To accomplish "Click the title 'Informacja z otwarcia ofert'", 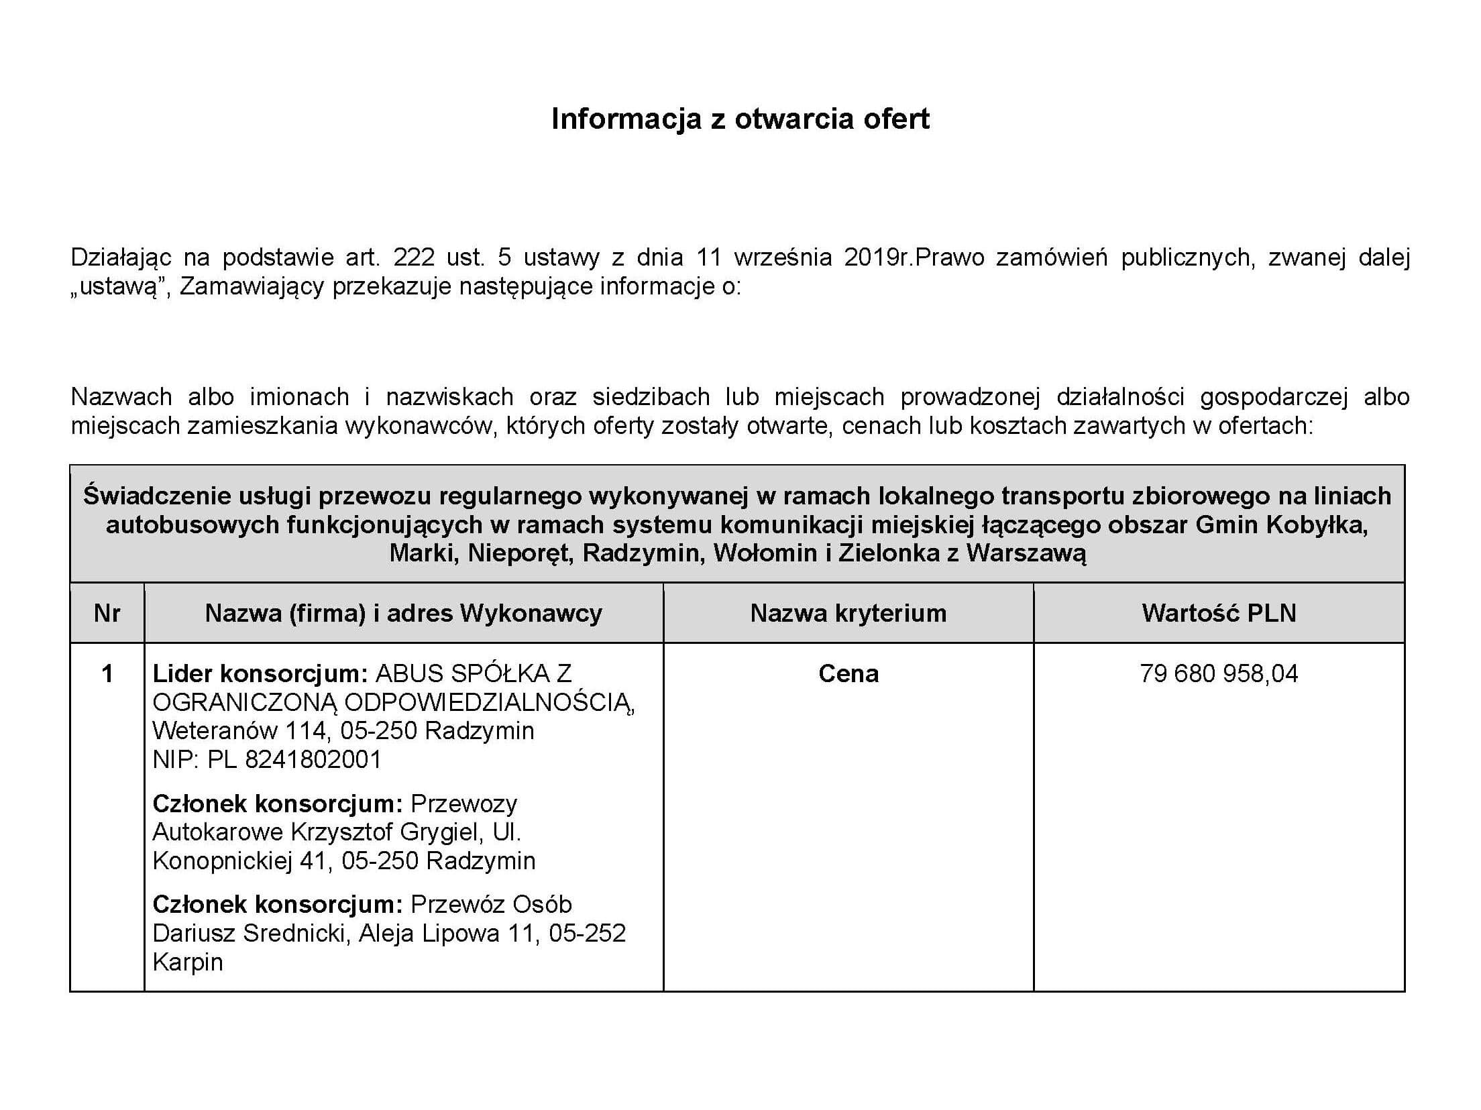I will point(740,119).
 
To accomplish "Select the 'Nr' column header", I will point(107,613).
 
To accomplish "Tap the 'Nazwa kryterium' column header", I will point(848,613).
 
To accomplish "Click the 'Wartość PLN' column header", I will point(1219,613).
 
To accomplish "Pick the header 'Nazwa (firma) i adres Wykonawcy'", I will point(403,613).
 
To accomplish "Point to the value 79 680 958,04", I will point(1219,673).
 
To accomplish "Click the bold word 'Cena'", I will point(848,673).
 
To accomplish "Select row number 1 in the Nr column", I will point(107,673).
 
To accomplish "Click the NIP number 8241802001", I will point(313,759).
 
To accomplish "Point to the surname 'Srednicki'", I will point(296,933).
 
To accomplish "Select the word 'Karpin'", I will point(188,962).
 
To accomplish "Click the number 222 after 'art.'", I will point(415,258).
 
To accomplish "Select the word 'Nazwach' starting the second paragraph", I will point(121,397).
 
